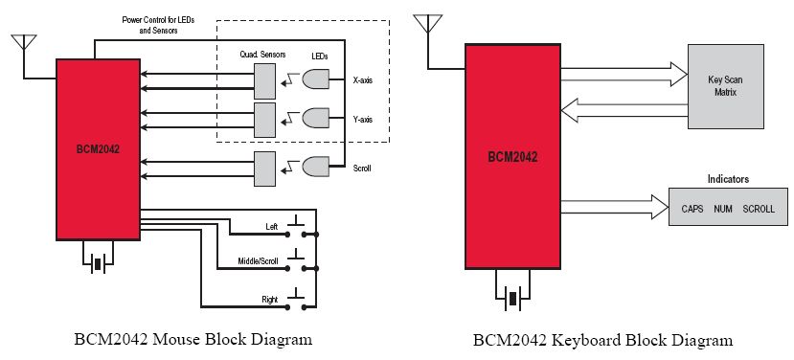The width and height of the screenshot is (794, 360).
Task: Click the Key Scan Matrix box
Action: (x=725, y=86)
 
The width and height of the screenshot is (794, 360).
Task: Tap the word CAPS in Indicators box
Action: (x=692, y=209)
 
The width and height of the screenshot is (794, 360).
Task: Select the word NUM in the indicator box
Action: (x=722, y=209)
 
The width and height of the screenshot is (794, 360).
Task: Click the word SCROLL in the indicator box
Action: (x=759, y=209)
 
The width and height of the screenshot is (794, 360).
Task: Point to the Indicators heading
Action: (x=728, y=179)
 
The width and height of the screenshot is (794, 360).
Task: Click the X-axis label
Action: (x=363, y=80)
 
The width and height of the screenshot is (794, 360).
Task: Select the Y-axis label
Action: (x=363, y=120)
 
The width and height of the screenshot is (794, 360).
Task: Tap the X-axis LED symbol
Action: (x=315, y=79)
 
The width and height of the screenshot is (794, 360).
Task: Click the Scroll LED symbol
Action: (x=315, y=167)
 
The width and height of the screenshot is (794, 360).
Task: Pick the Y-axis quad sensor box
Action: (x=265, y=120)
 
